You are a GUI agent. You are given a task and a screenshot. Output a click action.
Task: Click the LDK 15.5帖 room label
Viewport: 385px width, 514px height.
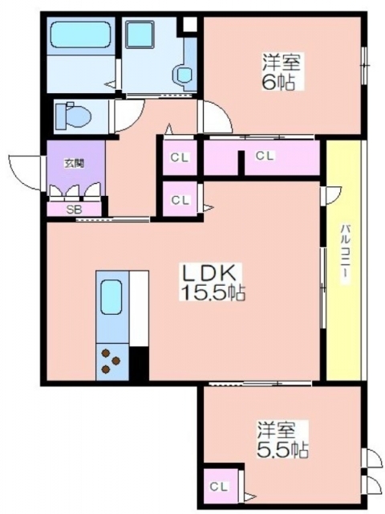click(213, 282)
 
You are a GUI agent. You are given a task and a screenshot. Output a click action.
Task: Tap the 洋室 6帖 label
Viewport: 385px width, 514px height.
click(282, 71)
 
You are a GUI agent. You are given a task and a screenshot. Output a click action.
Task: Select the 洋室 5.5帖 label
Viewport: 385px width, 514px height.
click(282, 440)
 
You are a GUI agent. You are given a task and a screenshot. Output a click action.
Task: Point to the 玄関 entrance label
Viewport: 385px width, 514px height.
click(75, 163)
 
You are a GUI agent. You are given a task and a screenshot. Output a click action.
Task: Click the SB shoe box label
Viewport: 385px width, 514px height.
click(74, 210)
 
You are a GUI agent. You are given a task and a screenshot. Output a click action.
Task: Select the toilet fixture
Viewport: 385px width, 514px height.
click(73, 116)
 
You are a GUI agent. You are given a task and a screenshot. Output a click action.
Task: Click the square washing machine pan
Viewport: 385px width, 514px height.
click(140, 35)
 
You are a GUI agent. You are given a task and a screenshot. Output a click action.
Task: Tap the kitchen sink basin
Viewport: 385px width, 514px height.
click(111, 297)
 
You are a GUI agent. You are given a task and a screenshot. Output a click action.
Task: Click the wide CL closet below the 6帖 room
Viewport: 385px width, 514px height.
click(262, 157)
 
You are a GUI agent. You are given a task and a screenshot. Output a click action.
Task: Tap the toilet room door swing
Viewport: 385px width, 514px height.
click(128, 116)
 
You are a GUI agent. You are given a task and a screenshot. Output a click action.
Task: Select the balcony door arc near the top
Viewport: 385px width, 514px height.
click(331, 196)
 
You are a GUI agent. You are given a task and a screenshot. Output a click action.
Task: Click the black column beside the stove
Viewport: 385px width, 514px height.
click(139, 363)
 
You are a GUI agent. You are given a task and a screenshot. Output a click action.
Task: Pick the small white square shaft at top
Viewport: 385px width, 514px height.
click(190, 25)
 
